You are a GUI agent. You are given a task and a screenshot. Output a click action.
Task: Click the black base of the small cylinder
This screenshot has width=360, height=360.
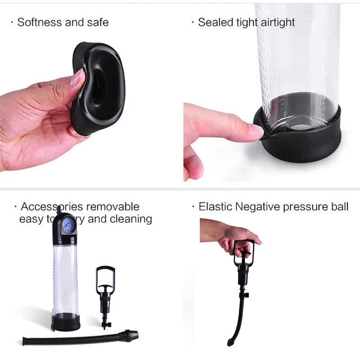[x=66, y=321]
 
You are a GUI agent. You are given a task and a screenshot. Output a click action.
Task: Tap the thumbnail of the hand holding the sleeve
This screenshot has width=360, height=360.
[x=77, y=77]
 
